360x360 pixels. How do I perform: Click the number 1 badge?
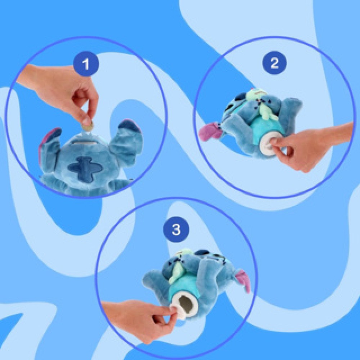click(86, 64)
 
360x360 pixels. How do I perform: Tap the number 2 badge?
click(274, 63)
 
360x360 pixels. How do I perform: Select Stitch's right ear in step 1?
click(128, 135)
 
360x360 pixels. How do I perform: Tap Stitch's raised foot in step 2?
click(290, 108)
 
